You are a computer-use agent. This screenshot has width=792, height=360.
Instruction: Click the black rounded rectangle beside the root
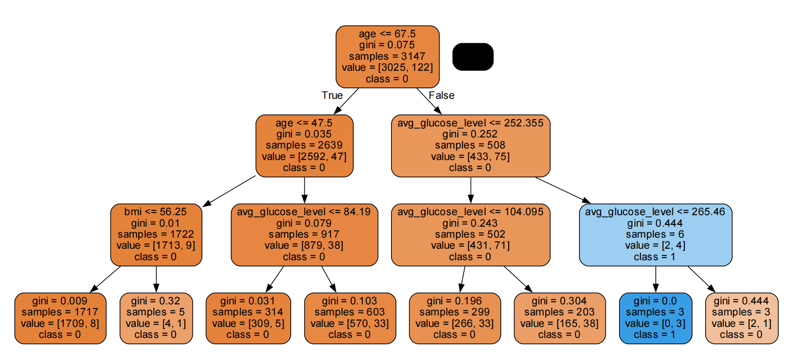point(473,57)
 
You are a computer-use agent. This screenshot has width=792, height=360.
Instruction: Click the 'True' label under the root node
point(332,95)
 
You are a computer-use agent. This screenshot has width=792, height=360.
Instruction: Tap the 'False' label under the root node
point(442,95)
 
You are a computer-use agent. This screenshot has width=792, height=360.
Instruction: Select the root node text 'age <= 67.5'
point(387,34)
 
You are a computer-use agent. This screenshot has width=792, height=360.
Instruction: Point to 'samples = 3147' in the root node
point(387,56)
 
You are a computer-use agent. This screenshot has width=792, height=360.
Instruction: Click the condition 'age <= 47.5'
point(304,123)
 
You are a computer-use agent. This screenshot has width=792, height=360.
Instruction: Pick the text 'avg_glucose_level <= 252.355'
point(470,123)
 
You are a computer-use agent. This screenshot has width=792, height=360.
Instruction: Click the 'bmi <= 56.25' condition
point(155,211)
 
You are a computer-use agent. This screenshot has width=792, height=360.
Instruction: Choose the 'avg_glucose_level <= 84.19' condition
point(304,211)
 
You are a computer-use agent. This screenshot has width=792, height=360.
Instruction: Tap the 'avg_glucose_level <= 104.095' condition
point(470,211)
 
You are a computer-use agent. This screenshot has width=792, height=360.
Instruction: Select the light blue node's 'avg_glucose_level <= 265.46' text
point(655,211)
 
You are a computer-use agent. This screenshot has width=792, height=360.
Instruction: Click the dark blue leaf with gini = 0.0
point(655,318)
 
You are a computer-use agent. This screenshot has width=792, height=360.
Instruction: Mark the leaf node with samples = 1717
point(60,318)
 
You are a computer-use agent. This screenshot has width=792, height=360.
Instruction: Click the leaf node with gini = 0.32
point(156,318)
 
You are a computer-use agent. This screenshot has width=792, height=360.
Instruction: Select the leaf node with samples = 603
point(350,318)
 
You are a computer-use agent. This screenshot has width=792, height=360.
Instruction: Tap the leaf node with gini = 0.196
point(454,318)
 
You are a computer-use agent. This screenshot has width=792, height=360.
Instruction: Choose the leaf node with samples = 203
point(559,318)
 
